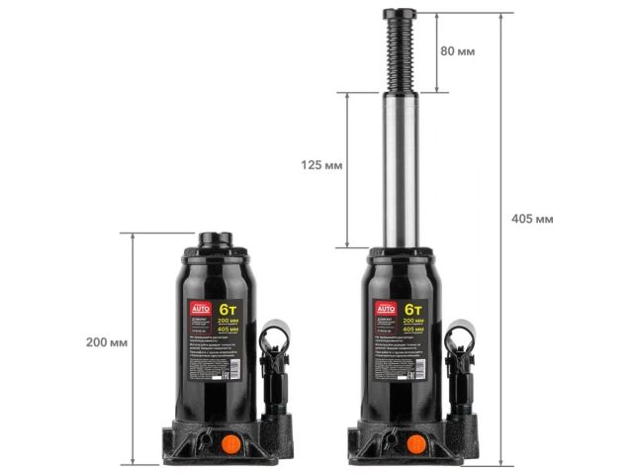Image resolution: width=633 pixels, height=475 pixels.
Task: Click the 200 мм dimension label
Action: [x=107, y=342]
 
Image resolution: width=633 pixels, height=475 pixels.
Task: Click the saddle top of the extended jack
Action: [x=404, y=13]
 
